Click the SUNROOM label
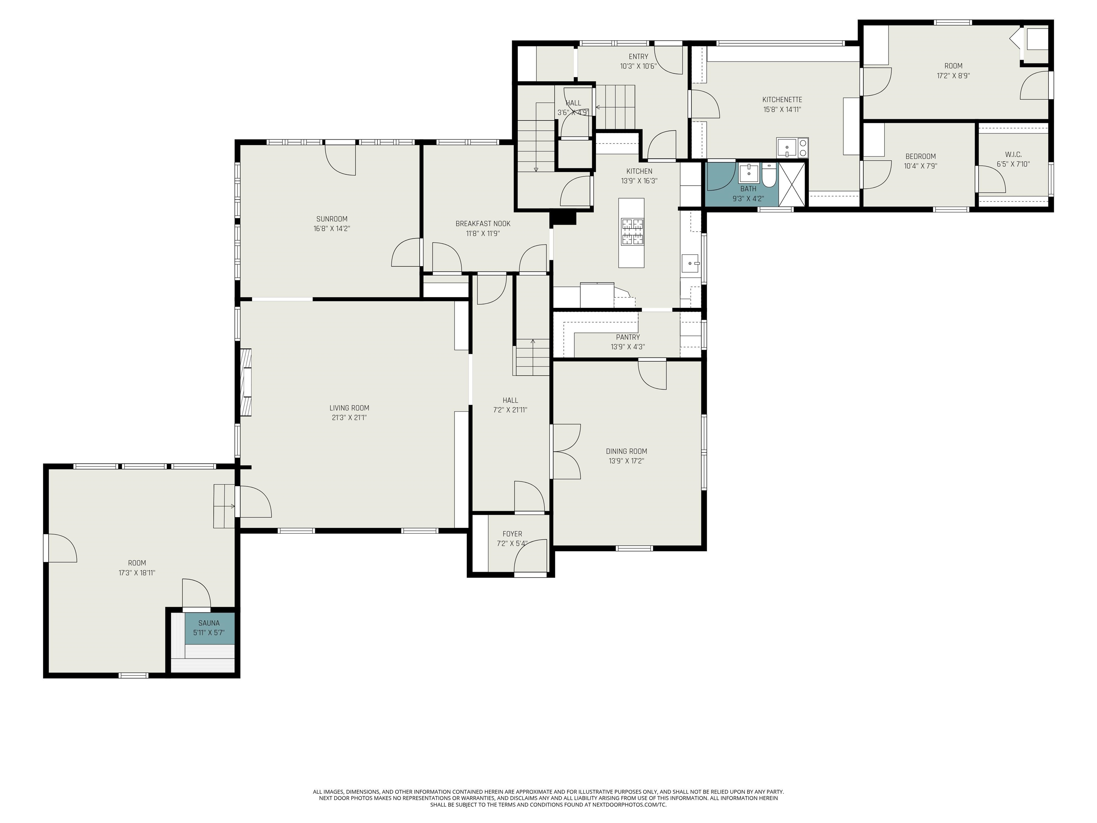point(332,219)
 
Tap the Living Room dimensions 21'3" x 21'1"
point(350,418)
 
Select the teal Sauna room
point(209,628)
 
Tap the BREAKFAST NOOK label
point(482,224)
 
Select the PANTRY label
point(628,337)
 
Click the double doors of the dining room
point(566,452)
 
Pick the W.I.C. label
point(1013,154)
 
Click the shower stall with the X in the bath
point(792,184)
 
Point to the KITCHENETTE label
point(782,100)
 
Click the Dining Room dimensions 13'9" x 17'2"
point(626,461)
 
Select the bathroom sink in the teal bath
point(748,174)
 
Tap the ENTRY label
point(638,56)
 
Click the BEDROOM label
point(921,156)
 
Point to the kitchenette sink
point(787,147)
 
